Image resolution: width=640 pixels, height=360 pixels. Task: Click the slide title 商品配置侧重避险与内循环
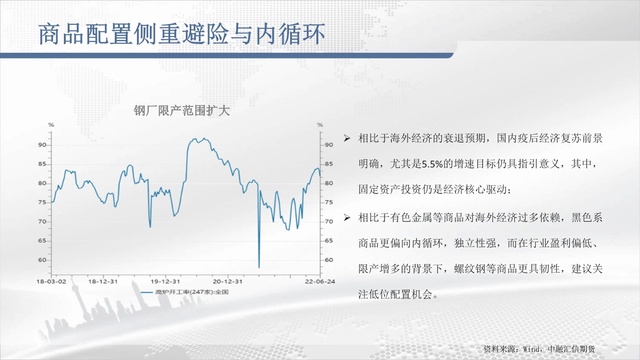[x=182, y=34]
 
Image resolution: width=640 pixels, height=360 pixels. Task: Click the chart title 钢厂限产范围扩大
[x=181, y=110]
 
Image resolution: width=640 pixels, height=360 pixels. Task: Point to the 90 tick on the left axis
[x=42, y=145]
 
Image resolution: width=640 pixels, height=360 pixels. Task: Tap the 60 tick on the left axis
[x=42, y=260]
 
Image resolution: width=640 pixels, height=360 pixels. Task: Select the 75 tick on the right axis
[x=329, y=202]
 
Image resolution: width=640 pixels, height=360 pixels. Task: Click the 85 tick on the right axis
[x=329, y=164]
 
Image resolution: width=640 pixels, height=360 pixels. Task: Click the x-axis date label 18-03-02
[x=51, y=281]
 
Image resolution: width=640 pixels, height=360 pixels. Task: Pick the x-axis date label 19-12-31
[x=165, y=281]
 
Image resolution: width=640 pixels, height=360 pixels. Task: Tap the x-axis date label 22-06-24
[x=320, y=281]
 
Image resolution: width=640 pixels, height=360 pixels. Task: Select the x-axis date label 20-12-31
[x=228, y=281]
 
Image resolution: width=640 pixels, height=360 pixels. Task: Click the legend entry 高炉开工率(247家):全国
[x=185, y=292]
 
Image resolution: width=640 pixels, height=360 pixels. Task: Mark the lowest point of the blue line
[x=259, y=268]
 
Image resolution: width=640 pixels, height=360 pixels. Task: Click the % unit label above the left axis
[x=51, y=125]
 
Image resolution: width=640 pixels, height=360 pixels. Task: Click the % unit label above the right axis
[x=320, y=125]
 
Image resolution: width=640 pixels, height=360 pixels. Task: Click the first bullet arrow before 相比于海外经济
[x=347, y=138]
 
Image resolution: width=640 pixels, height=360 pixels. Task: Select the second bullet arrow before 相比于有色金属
[x=347, y=218]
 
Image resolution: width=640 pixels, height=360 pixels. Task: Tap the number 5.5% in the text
[x=432, y=164]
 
